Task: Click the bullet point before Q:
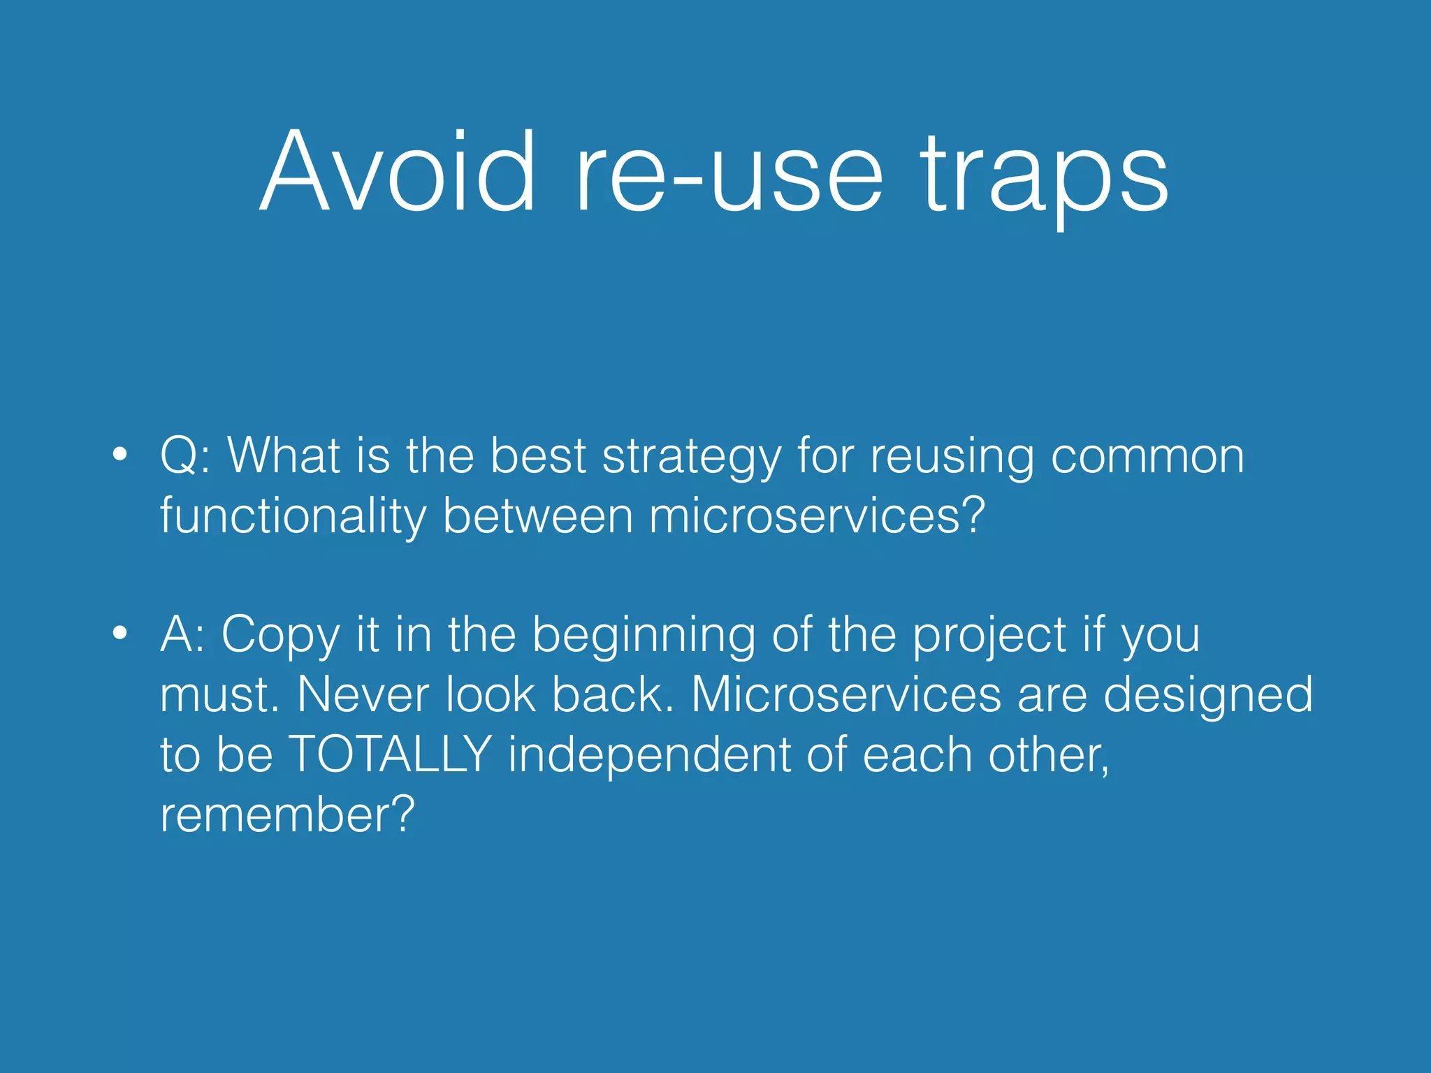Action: [120, 455]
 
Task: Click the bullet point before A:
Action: [120, 634]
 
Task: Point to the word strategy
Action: [691, 458]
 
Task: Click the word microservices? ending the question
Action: [817, 516]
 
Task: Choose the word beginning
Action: [644, 636]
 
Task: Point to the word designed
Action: [1208, 696]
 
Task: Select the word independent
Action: [649, 754]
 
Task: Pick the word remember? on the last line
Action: [287, 815]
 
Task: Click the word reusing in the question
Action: [952, 458]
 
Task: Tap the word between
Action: [537, 516]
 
